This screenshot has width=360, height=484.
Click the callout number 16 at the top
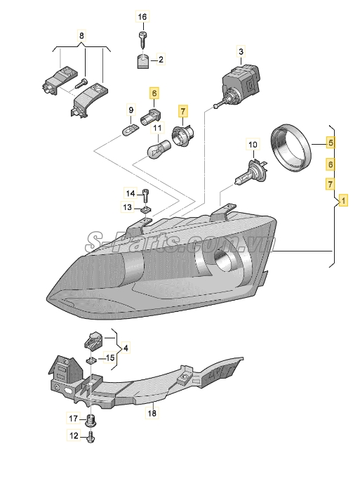click(x=142, y=16)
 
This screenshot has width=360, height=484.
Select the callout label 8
click(x=81, y=36)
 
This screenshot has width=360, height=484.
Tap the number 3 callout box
click(x=241, y=51)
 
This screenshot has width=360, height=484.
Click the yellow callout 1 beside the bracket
click(x=343, y=201)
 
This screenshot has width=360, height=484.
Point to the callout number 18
click(x=152, y=412)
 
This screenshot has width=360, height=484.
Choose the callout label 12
click(x=74, y=436)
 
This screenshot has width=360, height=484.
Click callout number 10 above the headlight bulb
click(x=253, y=145)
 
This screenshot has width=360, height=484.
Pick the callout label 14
click(x=131, y=193)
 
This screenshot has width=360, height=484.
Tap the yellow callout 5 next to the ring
click(x=331, y=143)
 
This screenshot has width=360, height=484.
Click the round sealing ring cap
click(x=291, y=148)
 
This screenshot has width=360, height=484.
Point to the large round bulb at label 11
click(x=159, y=148)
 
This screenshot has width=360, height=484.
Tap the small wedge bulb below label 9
click(x=130, y=130)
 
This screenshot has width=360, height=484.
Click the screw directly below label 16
click(x=142, y=39)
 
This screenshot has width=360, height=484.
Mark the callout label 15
click(x=110, y=358)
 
